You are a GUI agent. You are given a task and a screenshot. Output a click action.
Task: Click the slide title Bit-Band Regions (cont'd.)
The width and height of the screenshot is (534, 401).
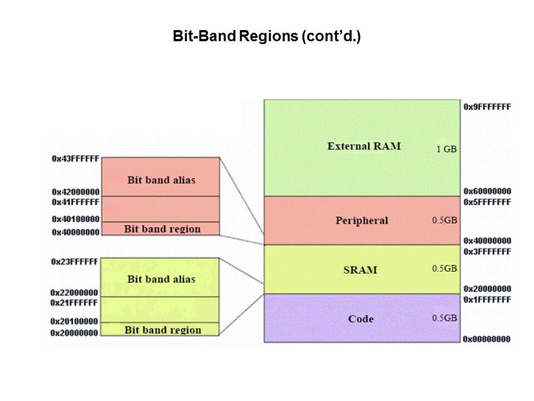point(267,38)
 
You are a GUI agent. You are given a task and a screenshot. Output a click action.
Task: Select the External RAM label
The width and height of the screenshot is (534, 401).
point(364,146)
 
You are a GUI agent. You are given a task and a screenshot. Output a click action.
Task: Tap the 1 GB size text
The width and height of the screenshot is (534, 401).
point(447,149)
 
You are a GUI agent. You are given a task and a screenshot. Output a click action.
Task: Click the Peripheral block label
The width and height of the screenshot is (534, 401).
point(362,221)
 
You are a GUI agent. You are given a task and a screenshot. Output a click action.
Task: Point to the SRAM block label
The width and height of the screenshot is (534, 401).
point(360,270)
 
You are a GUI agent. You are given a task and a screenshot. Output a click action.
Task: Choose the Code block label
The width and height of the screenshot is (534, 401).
point(360,319)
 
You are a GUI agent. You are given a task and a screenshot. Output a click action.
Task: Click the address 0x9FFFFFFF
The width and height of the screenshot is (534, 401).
point(487,106)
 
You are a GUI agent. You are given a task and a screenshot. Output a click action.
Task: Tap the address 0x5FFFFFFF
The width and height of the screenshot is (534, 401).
point(487,202)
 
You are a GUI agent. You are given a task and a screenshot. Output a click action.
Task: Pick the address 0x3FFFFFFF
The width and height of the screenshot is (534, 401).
point(487,252)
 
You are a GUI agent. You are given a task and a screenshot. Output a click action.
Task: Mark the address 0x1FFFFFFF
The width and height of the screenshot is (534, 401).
point(487,300)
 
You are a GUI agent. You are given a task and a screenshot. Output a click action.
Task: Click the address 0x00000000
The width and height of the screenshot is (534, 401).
point(487,339)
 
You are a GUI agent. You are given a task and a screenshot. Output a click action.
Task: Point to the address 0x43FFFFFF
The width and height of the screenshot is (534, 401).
point(75,159)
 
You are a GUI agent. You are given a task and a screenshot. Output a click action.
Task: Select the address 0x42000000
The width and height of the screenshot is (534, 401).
point(75,192)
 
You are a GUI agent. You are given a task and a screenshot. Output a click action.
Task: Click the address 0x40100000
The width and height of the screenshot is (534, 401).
point(75,219)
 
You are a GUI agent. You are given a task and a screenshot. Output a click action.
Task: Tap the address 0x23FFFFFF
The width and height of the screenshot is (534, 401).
point(75,261)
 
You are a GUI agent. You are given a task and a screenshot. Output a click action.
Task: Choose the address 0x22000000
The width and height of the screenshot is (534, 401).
point(75,292)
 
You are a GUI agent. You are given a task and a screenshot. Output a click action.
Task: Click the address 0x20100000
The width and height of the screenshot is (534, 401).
point(75,321)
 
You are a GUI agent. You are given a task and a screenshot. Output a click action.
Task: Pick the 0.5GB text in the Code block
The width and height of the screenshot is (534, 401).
point(444,318)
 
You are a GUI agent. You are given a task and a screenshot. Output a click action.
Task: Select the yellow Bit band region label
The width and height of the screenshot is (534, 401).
point(162,330)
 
